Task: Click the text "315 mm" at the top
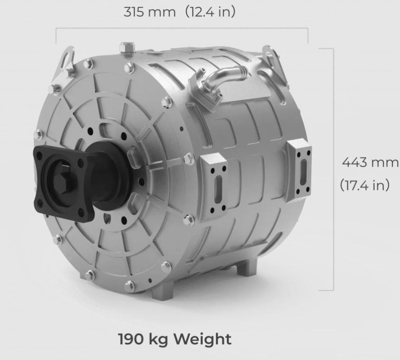click(x=149, y=12)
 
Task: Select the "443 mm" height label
click(x=370, y=162)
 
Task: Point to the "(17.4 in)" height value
click(x=364, y=185)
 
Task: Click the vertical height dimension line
click(x=333, y=169)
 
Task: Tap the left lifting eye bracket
click(x=65, y=61)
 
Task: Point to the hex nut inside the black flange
click(x=62, y=183)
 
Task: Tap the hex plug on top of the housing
click(x=126, y=48)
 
